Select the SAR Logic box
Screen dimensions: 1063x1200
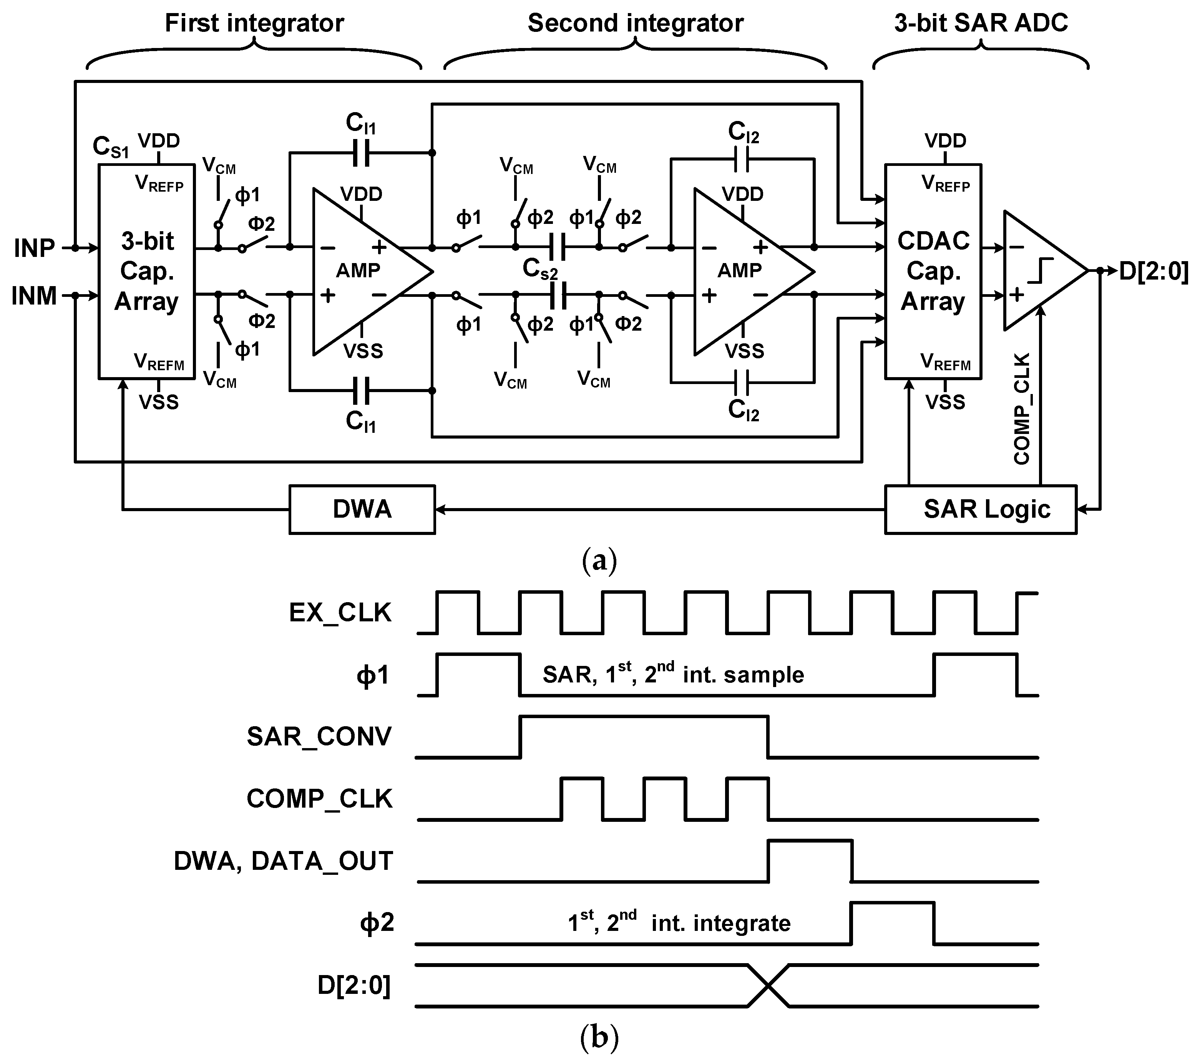(981, 509)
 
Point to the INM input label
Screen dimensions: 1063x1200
(34, 296)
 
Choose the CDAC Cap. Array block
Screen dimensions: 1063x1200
(933, 272)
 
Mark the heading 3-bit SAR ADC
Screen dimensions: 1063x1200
(981, 23)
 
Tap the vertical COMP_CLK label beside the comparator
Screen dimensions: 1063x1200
(1022, 409)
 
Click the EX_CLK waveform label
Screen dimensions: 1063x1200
(340, 613)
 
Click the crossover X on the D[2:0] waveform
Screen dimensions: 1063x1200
(768, 985)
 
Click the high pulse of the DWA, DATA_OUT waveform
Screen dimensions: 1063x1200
(810, 843)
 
